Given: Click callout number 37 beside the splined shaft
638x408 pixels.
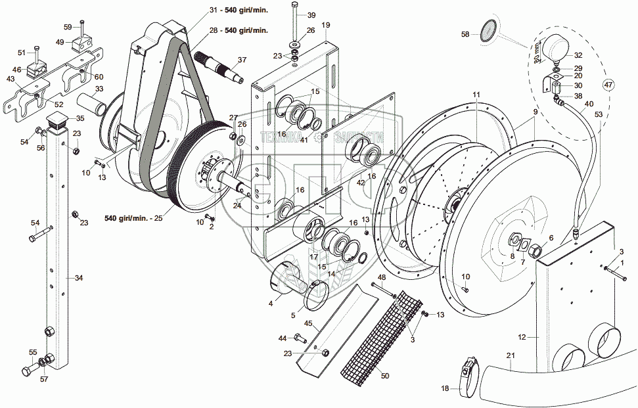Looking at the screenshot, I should (242, 60).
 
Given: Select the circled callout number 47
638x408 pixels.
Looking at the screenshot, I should (608, 84).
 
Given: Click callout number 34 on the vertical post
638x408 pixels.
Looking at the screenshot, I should (79, 278).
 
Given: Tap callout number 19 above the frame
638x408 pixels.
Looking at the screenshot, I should (326, 25).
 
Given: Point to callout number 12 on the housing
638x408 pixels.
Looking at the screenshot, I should (522, 337).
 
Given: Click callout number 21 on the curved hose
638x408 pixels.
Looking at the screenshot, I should (510, 355).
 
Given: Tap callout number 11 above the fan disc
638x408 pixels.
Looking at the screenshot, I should (476, 95).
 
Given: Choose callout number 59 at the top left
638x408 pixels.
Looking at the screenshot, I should (68, 27).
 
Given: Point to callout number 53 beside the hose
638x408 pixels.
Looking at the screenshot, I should (597, 115).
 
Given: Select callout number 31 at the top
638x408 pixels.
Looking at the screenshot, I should (212, 10).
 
